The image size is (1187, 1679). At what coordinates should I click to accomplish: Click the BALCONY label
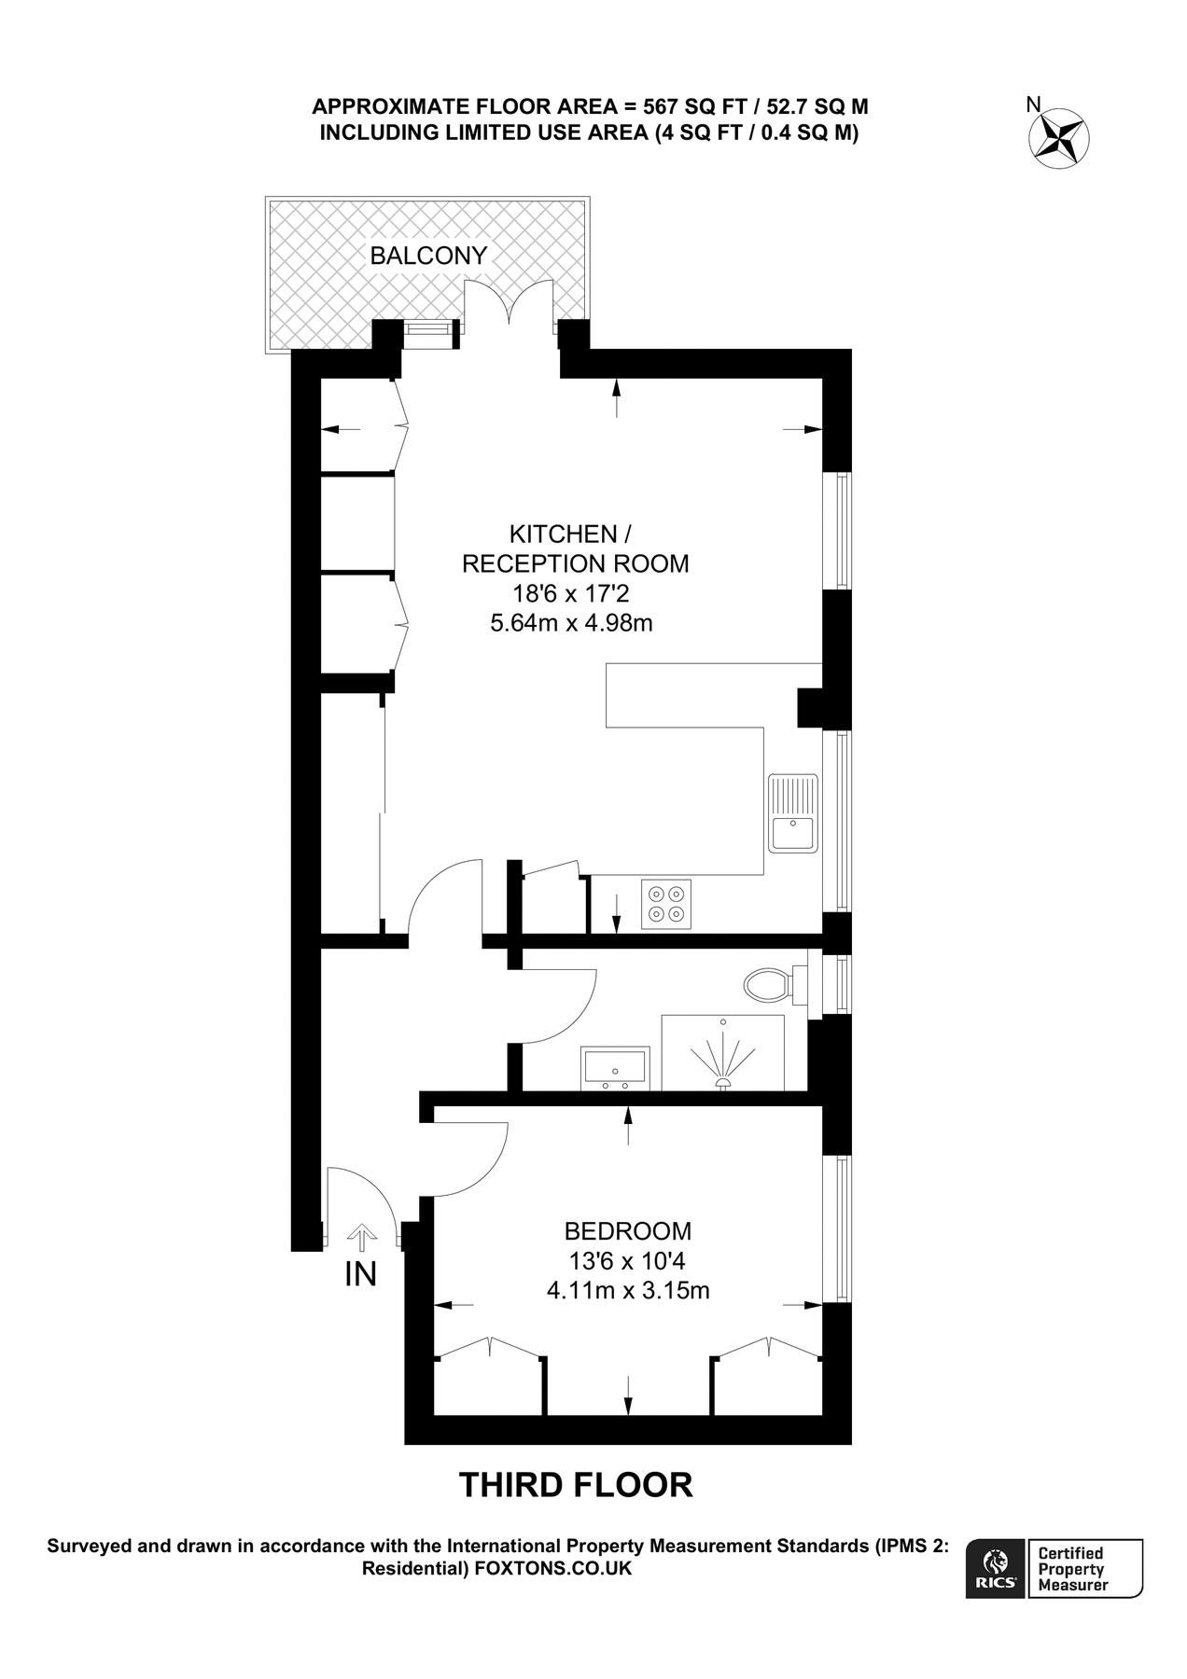point(428,256)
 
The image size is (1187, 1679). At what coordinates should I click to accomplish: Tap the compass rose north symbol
point(1059,139)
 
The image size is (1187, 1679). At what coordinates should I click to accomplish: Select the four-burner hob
point(666,904)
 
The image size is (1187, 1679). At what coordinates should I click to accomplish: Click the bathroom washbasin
point(614,1067)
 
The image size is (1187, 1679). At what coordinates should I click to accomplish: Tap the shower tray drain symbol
point(722,1082)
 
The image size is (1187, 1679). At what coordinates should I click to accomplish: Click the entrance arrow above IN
point(361,1237)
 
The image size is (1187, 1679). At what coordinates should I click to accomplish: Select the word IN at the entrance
point(361,1274)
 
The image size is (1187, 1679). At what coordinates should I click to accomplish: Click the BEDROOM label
point(627,1231)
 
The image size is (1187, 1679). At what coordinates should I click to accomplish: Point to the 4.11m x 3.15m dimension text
point(627,1291)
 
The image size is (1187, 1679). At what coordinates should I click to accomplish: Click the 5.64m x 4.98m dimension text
point(571,623)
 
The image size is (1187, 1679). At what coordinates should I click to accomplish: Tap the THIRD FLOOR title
point(576,1485)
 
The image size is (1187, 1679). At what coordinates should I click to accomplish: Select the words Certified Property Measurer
point(1073,1569)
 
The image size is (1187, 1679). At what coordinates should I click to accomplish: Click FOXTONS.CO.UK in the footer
point(553,1569)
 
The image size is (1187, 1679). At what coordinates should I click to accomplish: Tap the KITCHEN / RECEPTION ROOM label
point(575,548)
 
